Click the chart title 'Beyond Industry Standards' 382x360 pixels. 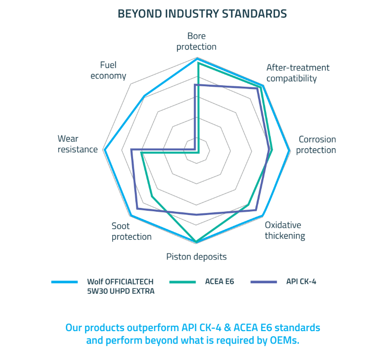click(202, 14)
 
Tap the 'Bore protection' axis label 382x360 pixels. click(196, 41)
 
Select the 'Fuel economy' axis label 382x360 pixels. click(108, 71)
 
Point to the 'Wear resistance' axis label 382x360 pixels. click(78, 144)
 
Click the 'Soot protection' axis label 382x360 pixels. click(132, 231)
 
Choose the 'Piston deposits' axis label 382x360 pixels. click(196, 257)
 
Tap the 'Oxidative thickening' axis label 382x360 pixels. click(285, 230)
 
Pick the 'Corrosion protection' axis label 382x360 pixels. click(316, 144)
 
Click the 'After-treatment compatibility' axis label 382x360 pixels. click(298, 73)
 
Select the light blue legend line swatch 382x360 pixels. click(64, 282)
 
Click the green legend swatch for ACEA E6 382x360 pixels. click(182, 282)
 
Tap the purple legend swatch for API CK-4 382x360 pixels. click(264, 282)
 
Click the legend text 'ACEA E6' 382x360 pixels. click(220, 282)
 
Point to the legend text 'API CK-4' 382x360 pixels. click(301, 282)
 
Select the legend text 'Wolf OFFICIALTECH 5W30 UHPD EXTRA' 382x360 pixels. click(121, 287)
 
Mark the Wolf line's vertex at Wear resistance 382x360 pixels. click(104, 150)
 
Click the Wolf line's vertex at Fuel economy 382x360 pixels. click(144, 96)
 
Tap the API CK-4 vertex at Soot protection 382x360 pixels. click(137, 208)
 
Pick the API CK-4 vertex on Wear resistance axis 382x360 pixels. click(132, 149)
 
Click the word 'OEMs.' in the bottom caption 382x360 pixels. click(284, 340)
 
